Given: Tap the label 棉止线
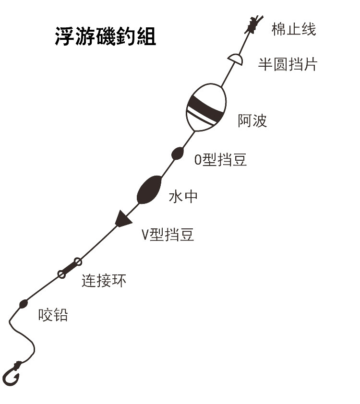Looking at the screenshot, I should [x=293, y=29].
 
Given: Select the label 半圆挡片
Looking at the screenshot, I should [x=288, y=64].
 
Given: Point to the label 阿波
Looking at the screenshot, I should [x=252, y=121].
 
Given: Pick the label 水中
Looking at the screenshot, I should [x=183, y=197].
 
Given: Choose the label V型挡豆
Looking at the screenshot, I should [x=168, y=235].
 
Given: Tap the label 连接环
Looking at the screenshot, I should [x=104, y=281].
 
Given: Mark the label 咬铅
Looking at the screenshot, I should [x=53, y=315].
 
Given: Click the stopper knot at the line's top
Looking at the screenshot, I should [x=253, y=25].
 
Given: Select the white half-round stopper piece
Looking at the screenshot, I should [x=235, y=59].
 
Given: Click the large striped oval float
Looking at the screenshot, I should [x=205, y=107].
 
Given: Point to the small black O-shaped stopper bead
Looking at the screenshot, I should [x=177, y=153].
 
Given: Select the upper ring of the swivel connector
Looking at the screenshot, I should [x=77, y=261].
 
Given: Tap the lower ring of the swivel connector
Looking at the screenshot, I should [x=61, y=274].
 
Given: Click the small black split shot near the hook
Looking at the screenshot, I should [x=23, y=303].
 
